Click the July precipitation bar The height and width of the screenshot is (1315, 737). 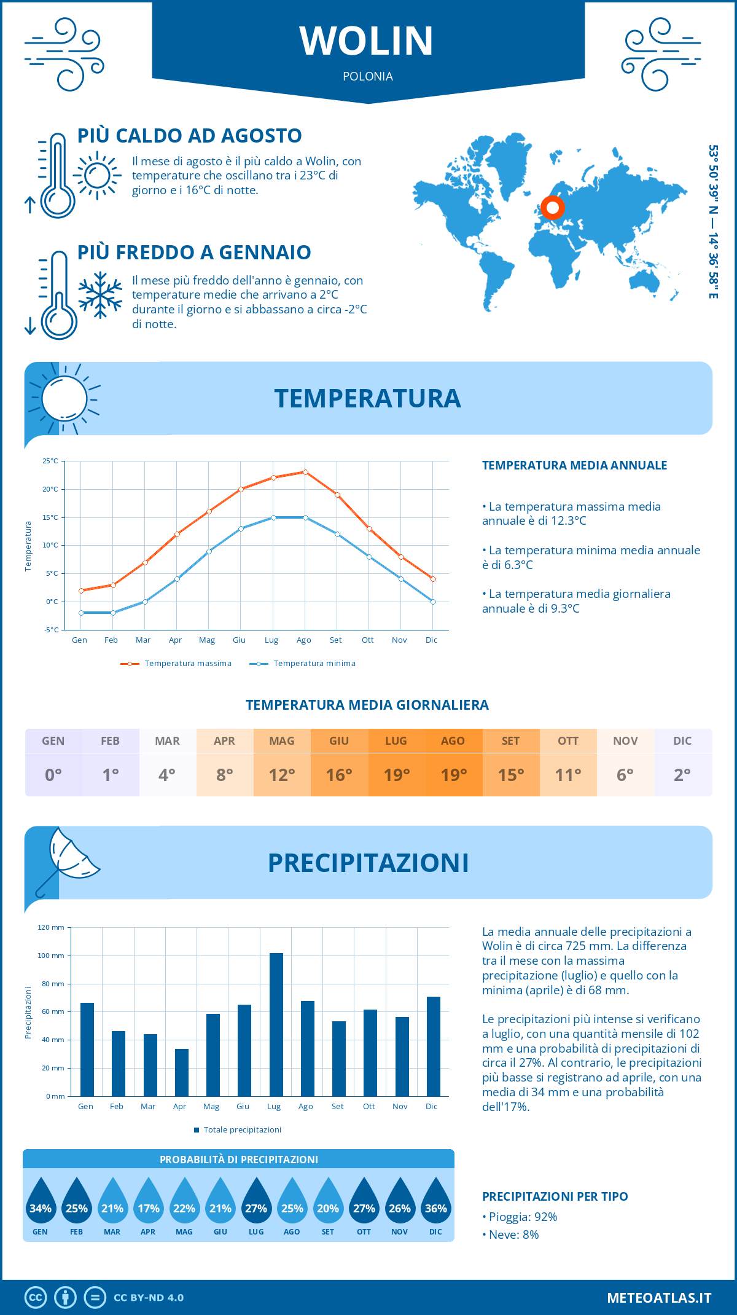tap(276, 1024)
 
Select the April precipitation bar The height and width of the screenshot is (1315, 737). tap(181, 1072)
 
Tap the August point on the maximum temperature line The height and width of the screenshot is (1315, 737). tap(305, 472)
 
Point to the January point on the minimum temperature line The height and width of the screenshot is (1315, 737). tap(81, 613)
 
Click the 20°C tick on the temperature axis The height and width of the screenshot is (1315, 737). tap(50, 489)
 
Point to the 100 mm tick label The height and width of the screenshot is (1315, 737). tap(51, 956)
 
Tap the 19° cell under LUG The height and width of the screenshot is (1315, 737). tap(396, 775)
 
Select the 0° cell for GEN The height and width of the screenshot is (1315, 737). tap(53, 775)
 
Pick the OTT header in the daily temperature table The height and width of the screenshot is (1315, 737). tap(568, 741)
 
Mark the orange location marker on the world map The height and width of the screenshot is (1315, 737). tap(552, 208)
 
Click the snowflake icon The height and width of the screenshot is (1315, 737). tap(100, 295)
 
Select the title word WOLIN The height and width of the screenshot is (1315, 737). tap(367, 41)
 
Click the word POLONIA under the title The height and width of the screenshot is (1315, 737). tap(368, 76)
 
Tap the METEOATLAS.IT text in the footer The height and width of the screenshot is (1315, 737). tap(659, 1298)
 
